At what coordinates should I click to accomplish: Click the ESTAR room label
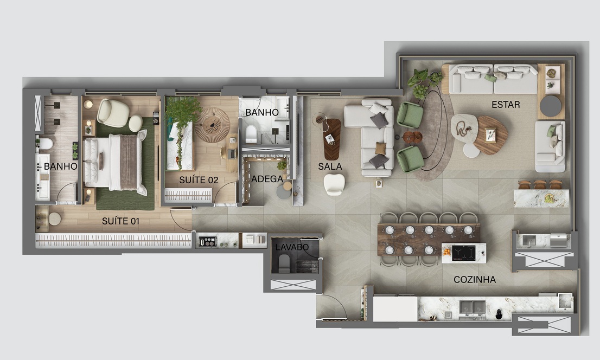click(x=506, y=105)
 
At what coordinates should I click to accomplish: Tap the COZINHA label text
click(x=475, y=280)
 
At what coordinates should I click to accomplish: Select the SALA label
click(x=330, y=166)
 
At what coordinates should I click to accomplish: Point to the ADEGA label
click(x=267, y=179)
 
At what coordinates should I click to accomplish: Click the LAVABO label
click(x=292, y=247)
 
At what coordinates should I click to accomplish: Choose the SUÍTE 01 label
click(x=120, y=221)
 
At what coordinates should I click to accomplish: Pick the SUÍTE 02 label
click(x=199, y=180)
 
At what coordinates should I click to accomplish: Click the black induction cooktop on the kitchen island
click(x=463, y=253)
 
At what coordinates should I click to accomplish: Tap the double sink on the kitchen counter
click(x=473, y=307)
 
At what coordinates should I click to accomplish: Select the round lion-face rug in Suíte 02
click(x=212, y=125)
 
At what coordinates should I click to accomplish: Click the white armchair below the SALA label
click(x=334, y=184)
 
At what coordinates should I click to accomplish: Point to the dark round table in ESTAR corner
click(x=550, y=106)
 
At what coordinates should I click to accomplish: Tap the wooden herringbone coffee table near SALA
click(x=332, y=139)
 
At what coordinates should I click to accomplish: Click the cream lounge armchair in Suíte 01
click(x=112, y=113)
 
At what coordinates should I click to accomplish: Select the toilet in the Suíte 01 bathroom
click(x=45, y=144)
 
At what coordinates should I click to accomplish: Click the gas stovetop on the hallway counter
click(x=207, y=241)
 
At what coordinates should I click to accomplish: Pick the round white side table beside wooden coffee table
click(x=471, y=150)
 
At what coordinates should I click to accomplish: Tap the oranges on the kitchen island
click(x=446, y=252)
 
